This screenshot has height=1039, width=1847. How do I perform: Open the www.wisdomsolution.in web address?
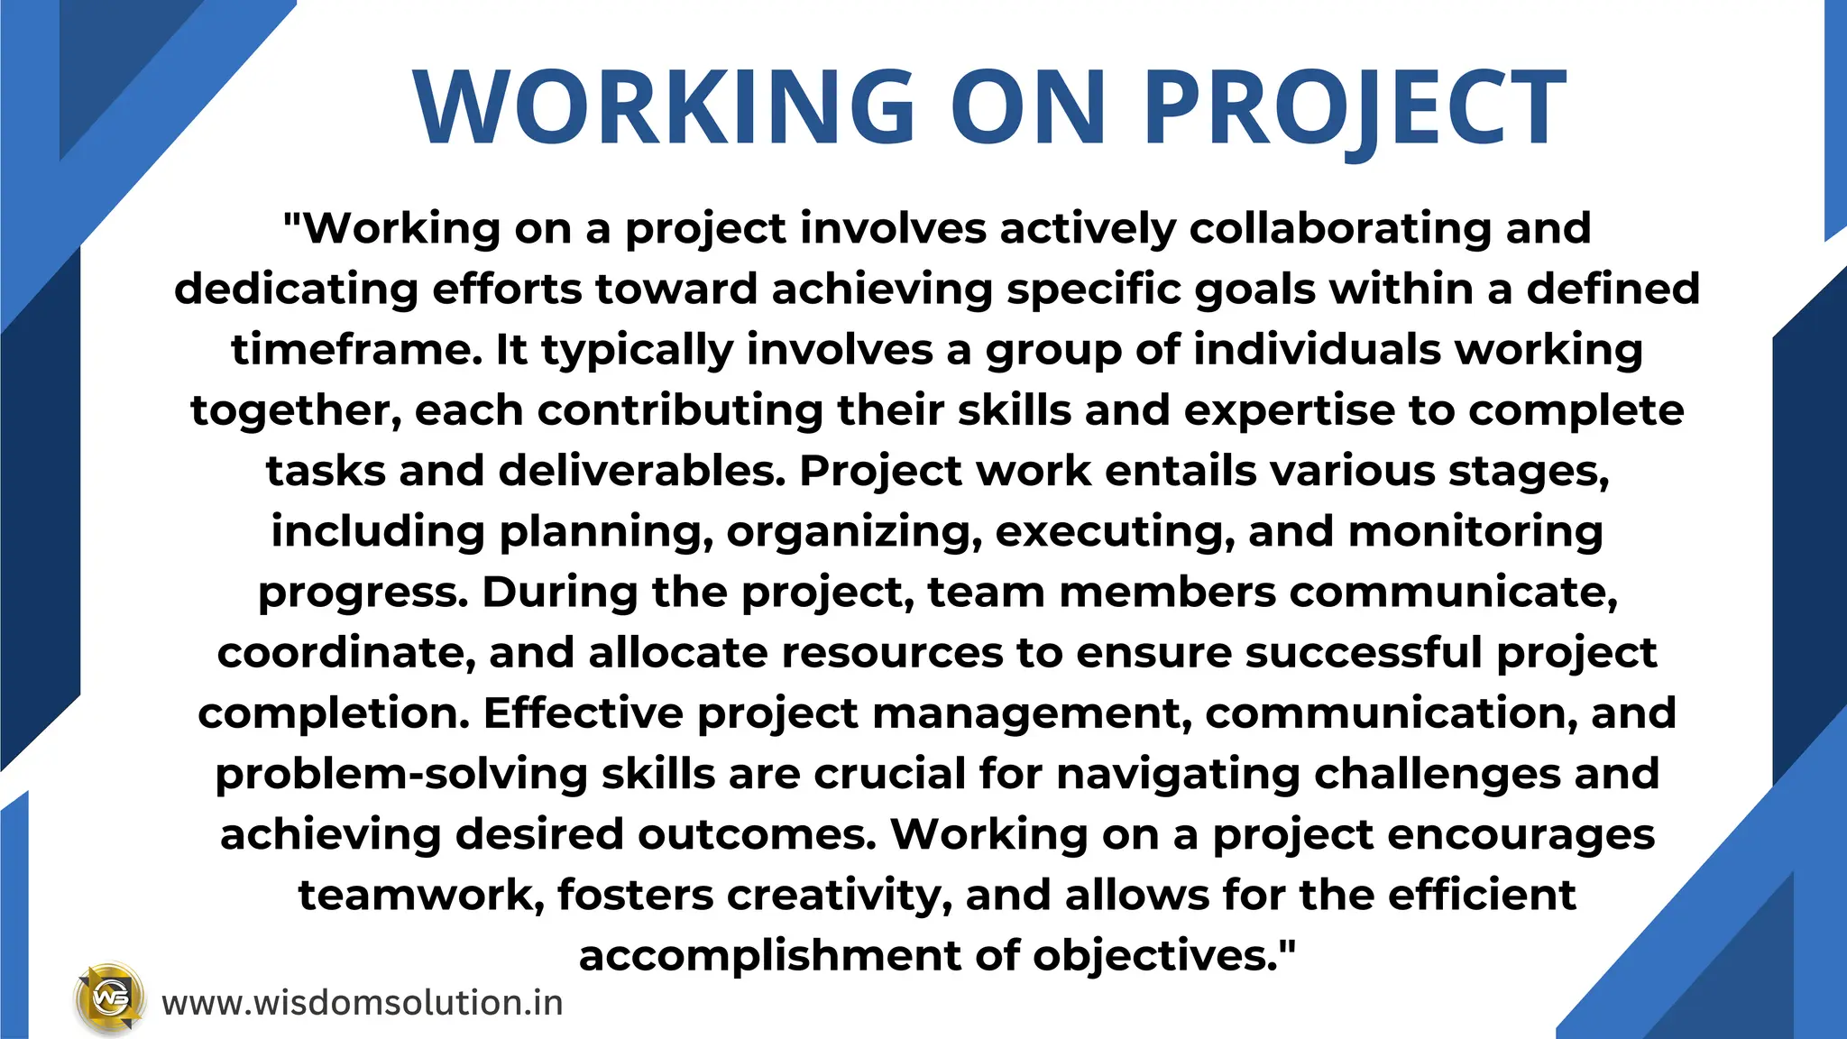tap(363, 1003)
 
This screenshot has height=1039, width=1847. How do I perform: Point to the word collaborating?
tap(1340, 227)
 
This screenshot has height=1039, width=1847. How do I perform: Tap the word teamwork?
tap(421, 895)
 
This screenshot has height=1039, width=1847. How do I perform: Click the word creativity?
tap(839, 895)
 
